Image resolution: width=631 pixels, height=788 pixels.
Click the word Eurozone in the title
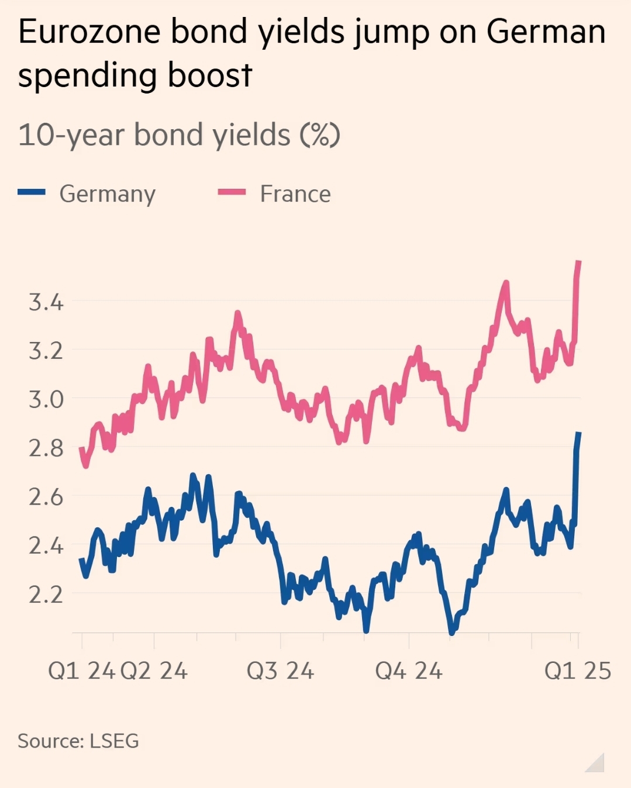click(x=89, y=32)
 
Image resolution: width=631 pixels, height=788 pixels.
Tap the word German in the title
click(x=546, y=32)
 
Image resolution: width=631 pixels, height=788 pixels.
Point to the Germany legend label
click(x=108, y=194)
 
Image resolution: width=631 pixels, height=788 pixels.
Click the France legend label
click(x=295, y=194)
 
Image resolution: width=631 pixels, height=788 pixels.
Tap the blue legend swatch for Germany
click(x=32, y=192)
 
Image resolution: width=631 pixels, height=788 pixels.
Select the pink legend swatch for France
click(x=232, y=192)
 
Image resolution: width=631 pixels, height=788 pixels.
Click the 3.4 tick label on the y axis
click(x=46, y=302)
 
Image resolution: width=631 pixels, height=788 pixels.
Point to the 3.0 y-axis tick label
click(x=46, y=399)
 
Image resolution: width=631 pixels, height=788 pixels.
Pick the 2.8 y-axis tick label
click(x=46, y=448)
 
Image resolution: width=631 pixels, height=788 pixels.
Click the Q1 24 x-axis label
click(x=81, y=671)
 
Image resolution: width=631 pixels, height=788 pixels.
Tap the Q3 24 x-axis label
click(x=280, y=671)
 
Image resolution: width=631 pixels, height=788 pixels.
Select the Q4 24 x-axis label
click(x=409, y=671)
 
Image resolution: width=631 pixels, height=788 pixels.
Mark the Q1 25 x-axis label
click(x=577, y=671)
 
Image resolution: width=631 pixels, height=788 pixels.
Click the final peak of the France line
click(x=578, y=262)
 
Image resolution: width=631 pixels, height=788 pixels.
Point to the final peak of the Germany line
click(x=578, y=433)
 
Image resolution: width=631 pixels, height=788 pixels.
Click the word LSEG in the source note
click(x=114, y=741)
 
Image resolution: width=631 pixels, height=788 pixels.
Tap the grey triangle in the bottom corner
click(x=596, y=764)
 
